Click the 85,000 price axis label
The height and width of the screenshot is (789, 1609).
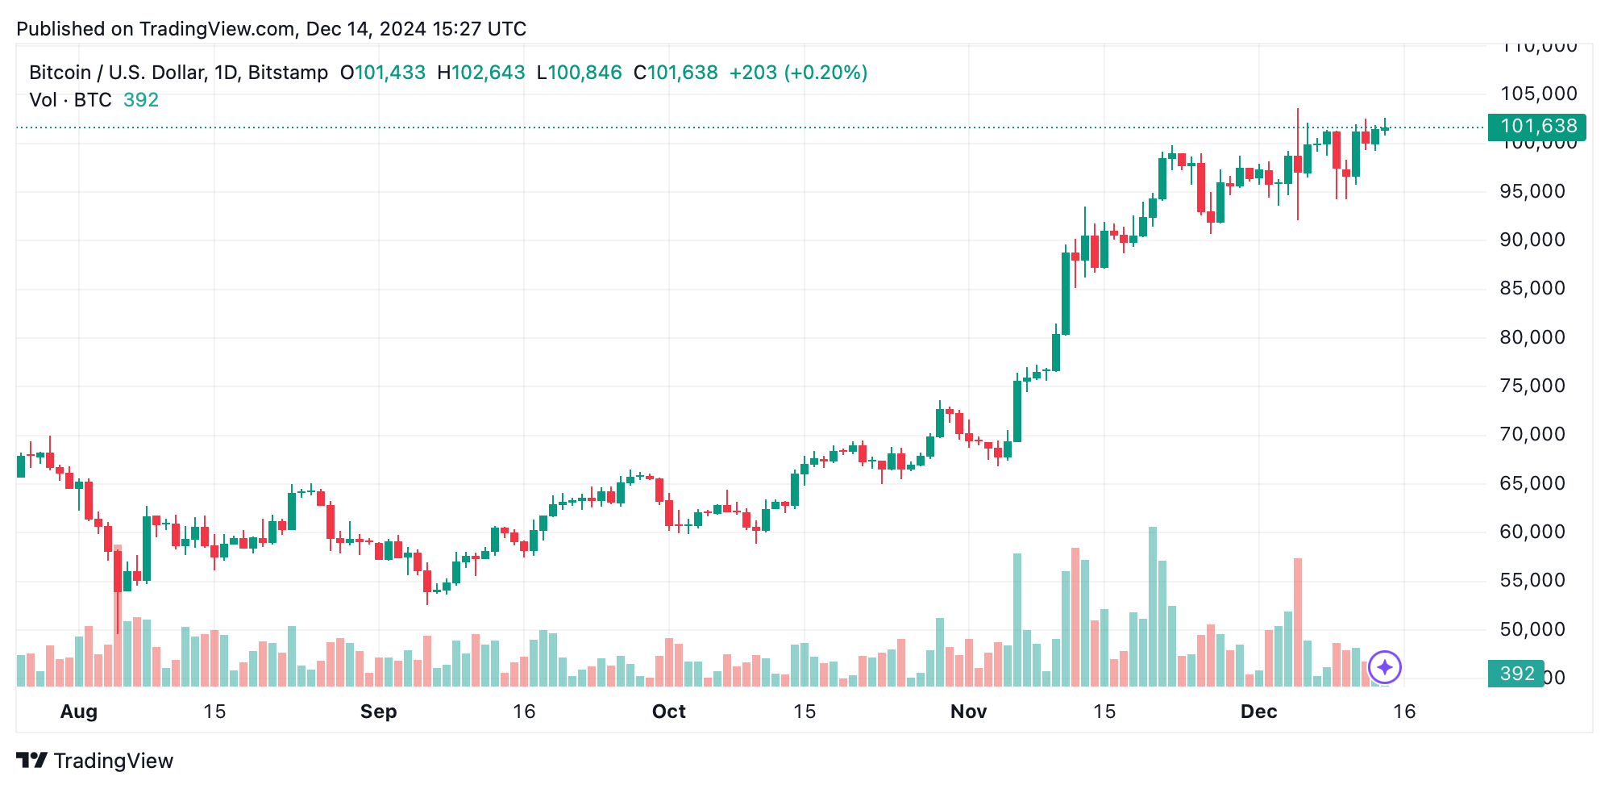click(x=1532, y=289)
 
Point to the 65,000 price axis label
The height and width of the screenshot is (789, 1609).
click(x=1532, y=483)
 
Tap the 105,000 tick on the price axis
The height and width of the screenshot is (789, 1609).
click(x=1538, y=94)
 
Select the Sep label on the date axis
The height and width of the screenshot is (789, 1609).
click(x=378, y=712)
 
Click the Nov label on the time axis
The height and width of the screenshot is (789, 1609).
click(x=968, y=712)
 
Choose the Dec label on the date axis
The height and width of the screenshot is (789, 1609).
click(x=1258, y=712)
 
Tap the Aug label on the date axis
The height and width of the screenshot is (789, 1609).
click(x=79, y=712)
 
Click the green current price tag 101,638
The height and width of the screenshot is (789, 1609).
click(x=1537, y=127)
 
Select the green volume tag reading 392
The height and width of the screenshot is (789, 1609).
click(x=1515, y=674)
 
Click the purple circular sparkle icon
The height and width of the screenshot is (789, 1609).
click(x=1385, y=667)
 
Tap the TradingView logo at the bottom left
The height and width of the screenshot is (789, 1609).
click(x=95, y=761)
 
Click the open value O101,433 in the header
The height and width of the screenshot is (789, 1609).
click(x=382, y=73)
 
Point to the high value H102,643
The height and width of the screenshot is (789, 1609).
click(x=480, y=73)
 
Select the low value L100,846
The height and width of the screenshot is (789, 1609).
click(x=579, y=73)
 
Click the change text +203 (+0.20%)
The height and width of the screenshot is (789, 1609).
click(x=798, y=73)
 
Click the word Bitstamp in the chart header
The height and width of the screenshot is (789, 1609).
click(x=288, y=73)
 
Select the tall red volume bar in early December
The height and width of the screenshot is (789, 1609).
click(x=1298, y=621)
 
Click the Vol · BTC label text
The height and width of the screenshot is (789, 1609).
click(x=71, y=100)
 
